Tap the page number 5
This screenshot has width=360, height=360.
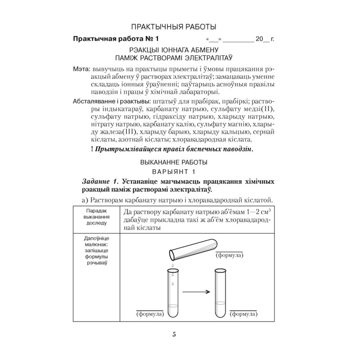[x=174, y=334]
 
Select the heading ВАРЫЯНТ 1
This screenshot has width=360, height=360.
[x=174, y=171]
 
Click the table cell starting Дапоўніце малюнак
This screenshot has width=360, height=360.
[x=95, y=250]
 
